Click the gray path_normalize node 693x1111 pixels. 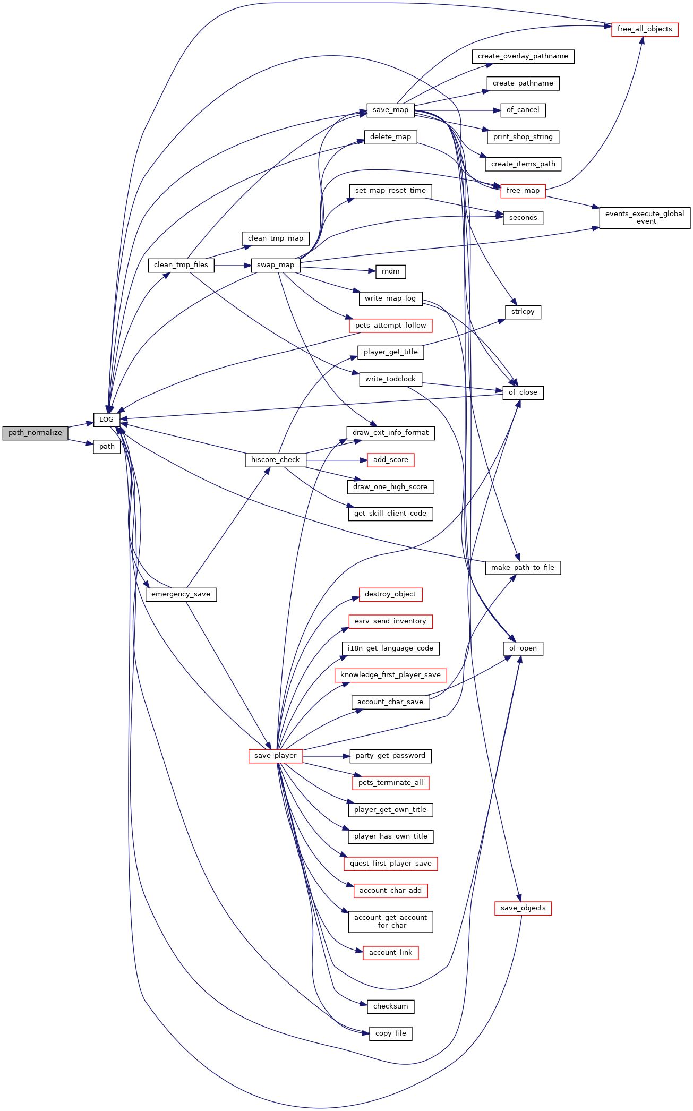(x=35, y=433)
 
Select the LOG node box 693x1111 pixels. (x=106, y=420)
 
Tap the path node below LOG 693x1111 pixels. (x=107, y=447)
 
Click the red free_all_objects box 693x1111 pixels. (x=645, y=29)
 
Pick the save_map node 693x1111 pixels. (x=390, y=110)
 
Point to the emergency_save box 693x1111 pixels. (x=181, y=594)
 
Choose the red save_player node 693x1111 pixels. (x=275, y=756)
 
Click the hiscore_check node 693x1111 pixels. (x=275, y=460)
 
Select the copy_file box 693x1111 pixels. (x=390, y=1033)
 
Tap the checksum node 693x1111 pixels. (x=390, y=1006)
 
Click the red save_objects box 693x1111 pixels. (x=523, y=908)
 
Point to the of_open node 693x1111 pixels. (x=523, y=648)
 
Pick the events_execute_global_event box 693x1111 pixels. (x=645, y=218)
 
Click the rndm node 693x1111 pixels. (x=390, y=271)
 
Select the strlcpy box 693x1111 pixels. (x=523, y=312)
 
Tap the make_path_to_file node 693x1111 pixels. (x=523, y=568)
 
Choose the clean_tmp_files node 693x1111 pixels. (x=181, y=265)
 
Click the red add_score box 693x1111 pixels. (x=390, y=460)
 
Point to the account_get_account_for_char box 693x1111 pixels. (x=390, y=921)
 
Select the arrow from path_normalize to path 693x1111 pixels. (x=81, y=442)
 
